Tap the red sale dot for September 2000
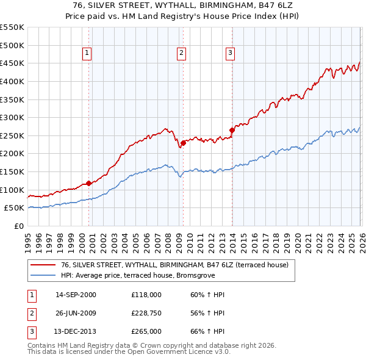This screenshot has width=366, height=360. click(88, 183)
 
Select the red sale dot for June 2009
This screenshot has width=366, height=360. click(183, 143)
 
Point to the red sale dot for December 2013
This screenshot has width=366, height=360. click(232, 130)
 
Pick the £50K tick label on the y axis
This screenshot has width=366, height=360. click(15, 208)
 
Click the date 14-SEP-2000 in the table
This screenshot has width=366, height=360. click(76, 295)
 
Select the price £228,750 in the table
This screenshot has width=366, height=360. click(146, 313)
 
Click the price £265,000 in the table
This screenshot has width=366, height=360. click(146, 331)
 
